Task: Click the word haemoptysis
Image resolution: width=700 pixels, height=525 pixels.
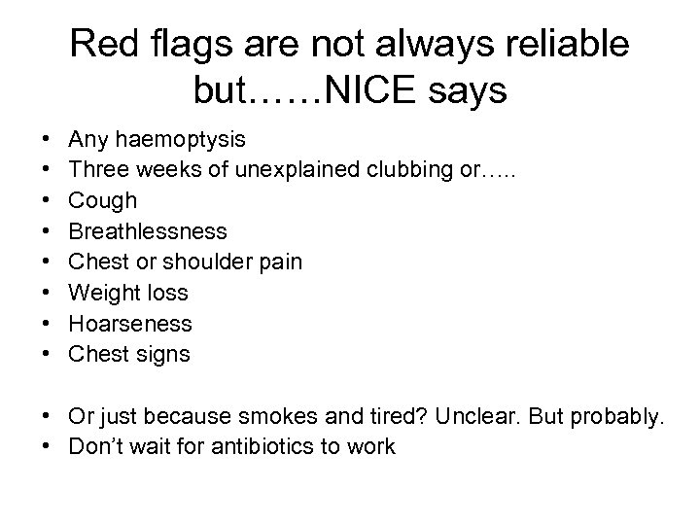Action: [170, 139]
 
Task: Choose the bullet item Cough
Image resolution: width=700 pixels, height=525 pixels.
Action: [102, 200]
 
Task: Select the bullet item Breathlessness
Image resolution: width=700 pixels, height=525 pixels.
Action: [147, 231]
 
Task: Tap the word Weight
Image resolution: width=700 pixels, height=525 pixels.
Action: [102, 293]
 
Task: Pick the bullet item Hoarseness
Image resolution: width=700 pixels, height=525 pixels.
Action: [130, 324]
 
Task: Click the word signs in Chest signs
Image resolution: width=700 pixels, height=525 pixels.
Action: [163, 355]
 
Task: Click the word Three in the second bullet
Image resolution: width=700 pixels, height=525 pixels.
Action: [95, 169]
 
